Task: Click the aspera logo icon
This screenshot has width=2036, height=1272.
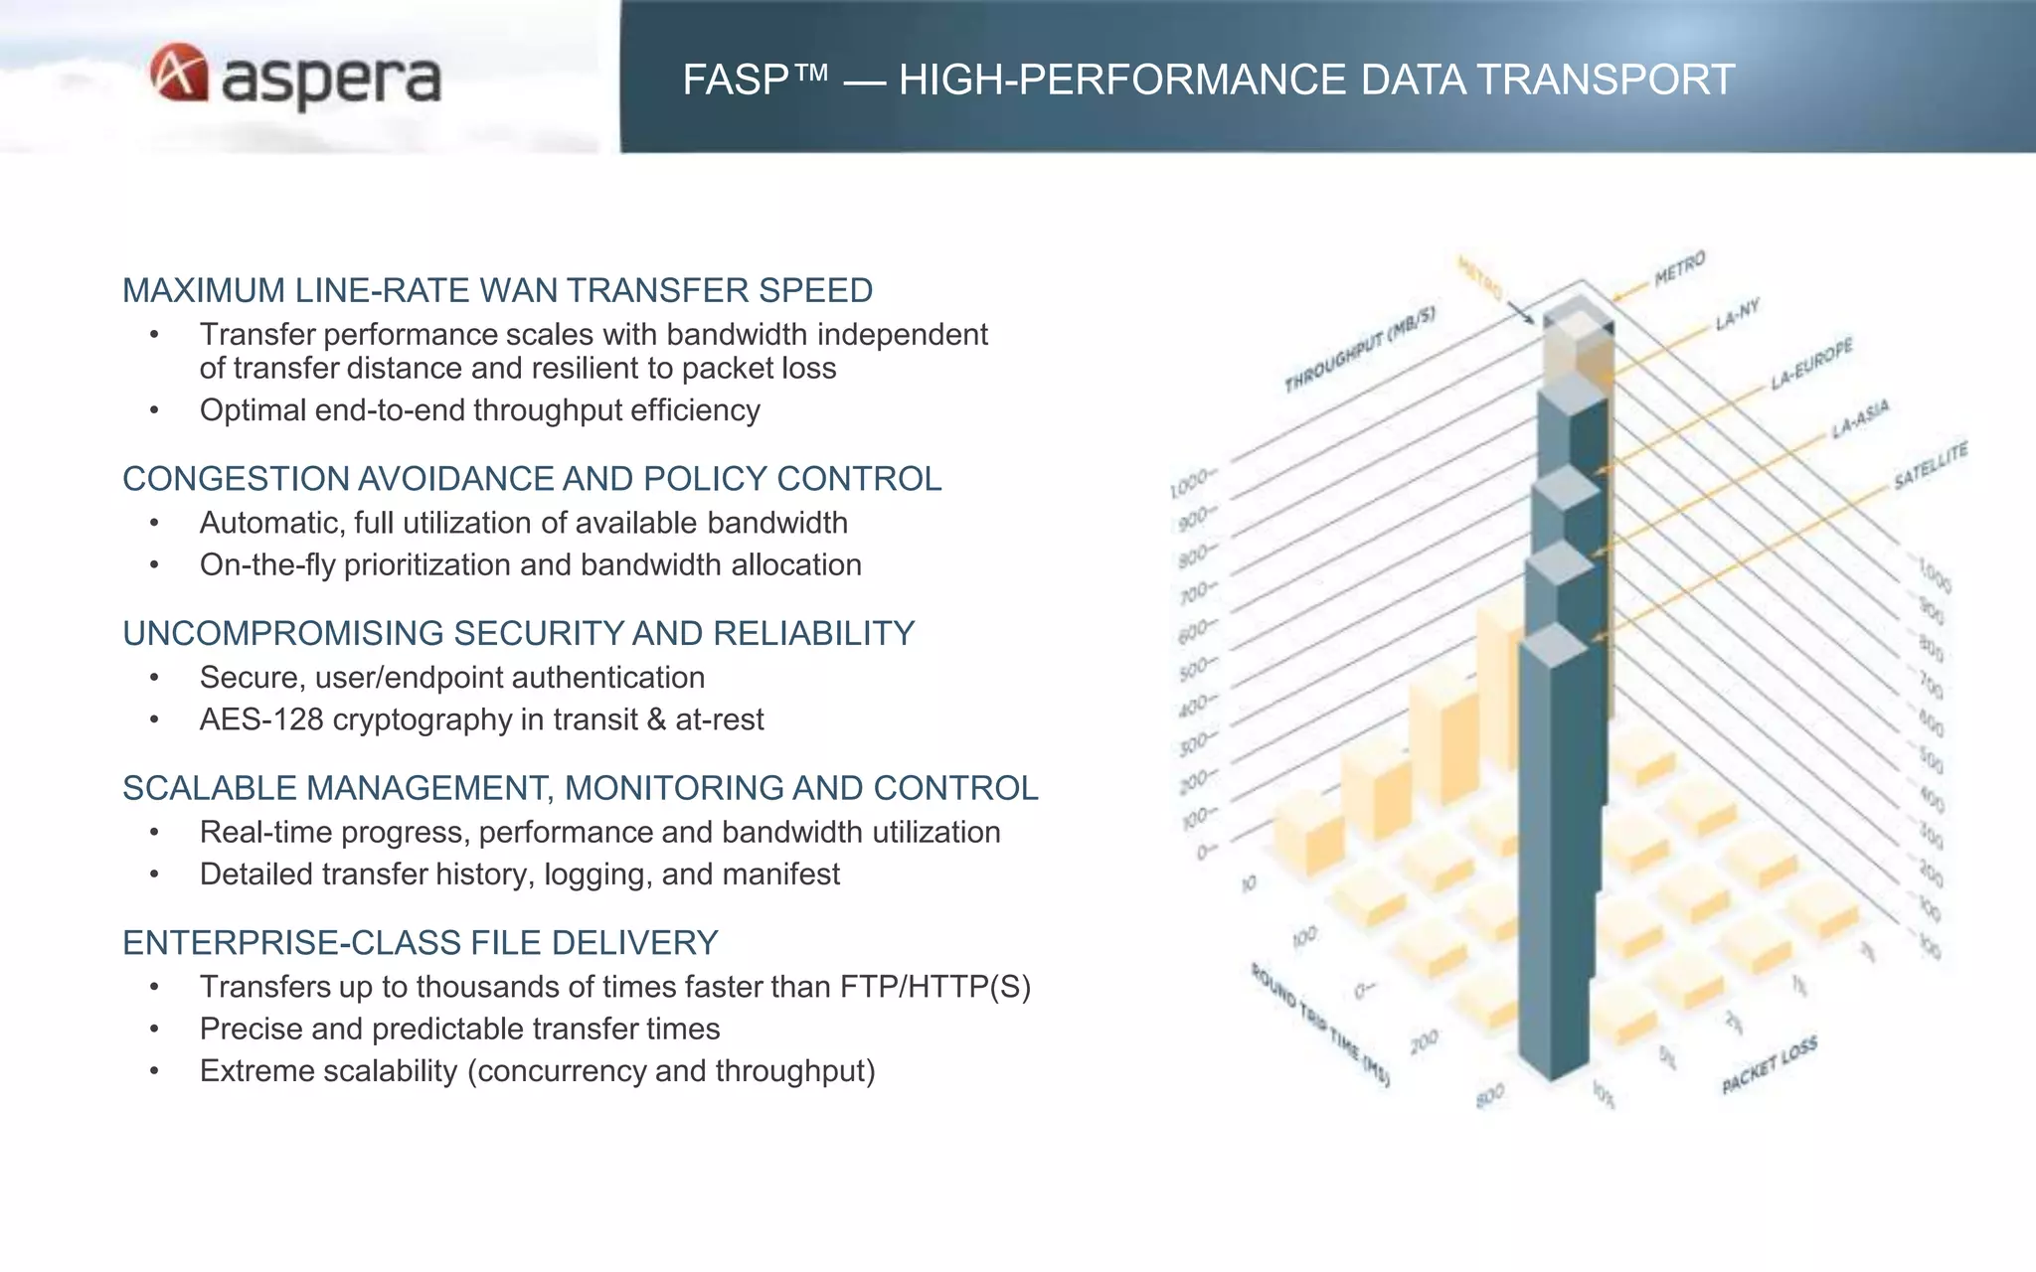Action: coord(180,73)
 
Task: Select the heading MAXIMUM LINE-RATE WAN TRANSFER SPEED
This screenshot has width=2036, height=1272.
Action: coord(497,290)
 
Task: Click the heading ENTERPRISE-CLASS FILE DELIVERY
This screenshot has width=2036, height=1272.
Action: coord(420,942)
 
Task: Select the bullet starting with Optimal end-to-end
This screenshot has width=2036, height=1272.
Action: coord(479,409)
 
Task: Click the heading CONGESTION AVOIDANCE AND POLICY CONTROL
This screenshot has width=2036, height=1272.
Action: coord(531,478)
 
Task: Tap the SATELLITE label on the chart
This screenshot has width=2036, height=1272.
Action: coord(1930,466)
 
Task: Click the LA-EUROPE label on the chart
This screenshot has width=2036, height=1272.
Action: coord(1811,364)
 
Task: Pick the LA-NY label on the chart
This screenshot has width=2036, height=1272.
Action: coord(1737,315)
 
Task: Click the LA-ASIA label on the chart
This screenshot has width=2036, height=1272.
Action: coord(1859,418)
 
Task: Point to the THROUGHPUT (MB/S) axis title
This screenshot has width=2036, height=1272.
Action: coord(1359,349)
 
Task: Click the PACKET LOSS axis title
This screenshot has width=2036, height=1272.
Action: coord(1769,1064)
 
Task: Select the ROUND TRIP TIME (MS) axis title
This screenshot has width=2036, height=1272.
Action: coord(1319,1025)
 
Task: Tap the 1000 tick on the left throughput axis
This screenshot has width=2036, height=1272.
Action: coord(1190,485)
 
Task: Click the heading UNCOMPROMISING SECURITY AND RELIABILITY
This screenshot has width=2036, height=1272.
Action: coord(518,633)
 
